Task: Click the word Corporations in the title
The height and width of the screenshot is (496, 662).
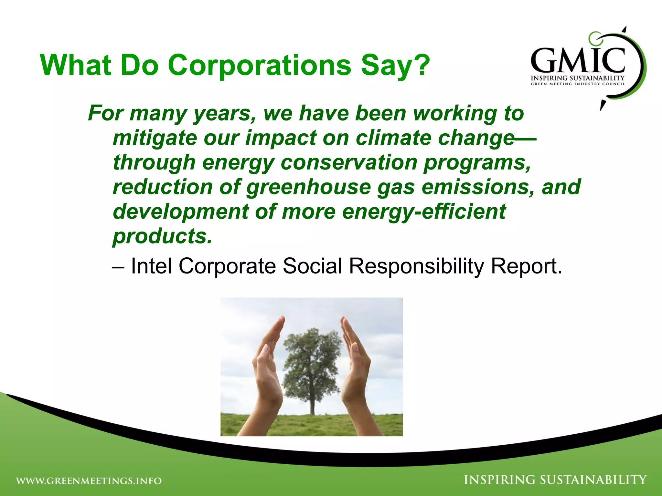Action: coord(259,65)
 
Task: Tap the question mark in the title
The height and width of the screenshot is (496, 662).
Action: coord(419,65)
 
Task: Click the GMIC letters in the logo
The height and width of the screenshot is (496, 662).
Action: coord(578,61)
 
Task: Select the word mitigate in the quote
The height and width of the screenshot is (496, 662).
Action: coord(155,138)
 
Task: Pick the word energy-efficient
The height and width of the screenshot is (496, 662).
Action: coord(423,212)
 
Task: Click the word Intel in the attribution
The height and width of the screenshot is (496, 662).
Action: coord(151,266)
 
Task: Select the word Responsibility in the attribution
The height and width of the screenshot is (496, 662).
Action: coord(416,266)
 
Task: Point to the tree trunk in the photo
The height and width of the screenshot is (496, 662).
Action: coord(312,404)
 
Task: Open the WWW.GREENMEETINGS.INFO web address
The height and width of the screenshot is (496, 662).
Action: coord(89,481)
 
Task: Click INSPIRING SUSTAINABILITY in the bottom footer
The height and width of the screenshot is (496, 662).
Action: coord(555,480)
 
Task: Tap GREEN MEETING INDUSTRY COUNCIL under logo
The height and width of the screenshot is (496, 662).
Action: coord(578,84)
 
